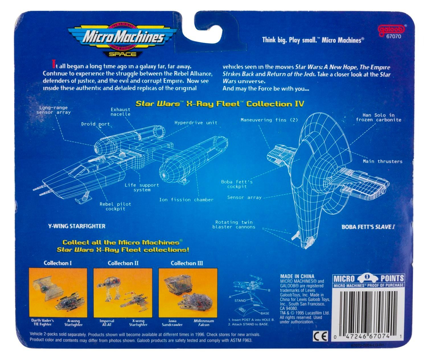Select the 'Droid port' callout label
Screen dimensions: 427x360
tap(95, 124)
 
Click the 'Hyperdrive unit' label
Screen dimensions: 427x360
tap(196, 122)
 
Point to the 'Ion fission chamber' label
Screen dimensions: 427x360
tap(186, 200)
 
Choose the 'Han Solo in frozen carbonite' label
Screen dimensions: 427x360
tap(379, 117)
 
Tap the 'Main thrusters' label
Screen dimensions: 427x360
tap(383, 161)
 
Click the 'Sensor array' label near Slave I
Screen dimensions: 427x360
tap(244, 197)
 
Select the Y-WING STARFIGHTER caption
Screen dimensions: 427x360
tap(77, 226)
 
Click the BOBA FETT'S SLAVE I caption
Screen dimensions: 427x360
tap(368, 227)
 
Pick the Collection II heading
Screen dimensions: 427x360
tap(123, 263)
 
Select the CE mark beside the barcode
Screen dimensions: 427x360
tap(321, 336)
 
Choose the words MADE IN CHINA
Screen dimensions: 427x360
tap(297, 276)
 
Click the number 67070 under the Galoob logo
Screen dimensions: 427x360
tap(394, 37)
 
